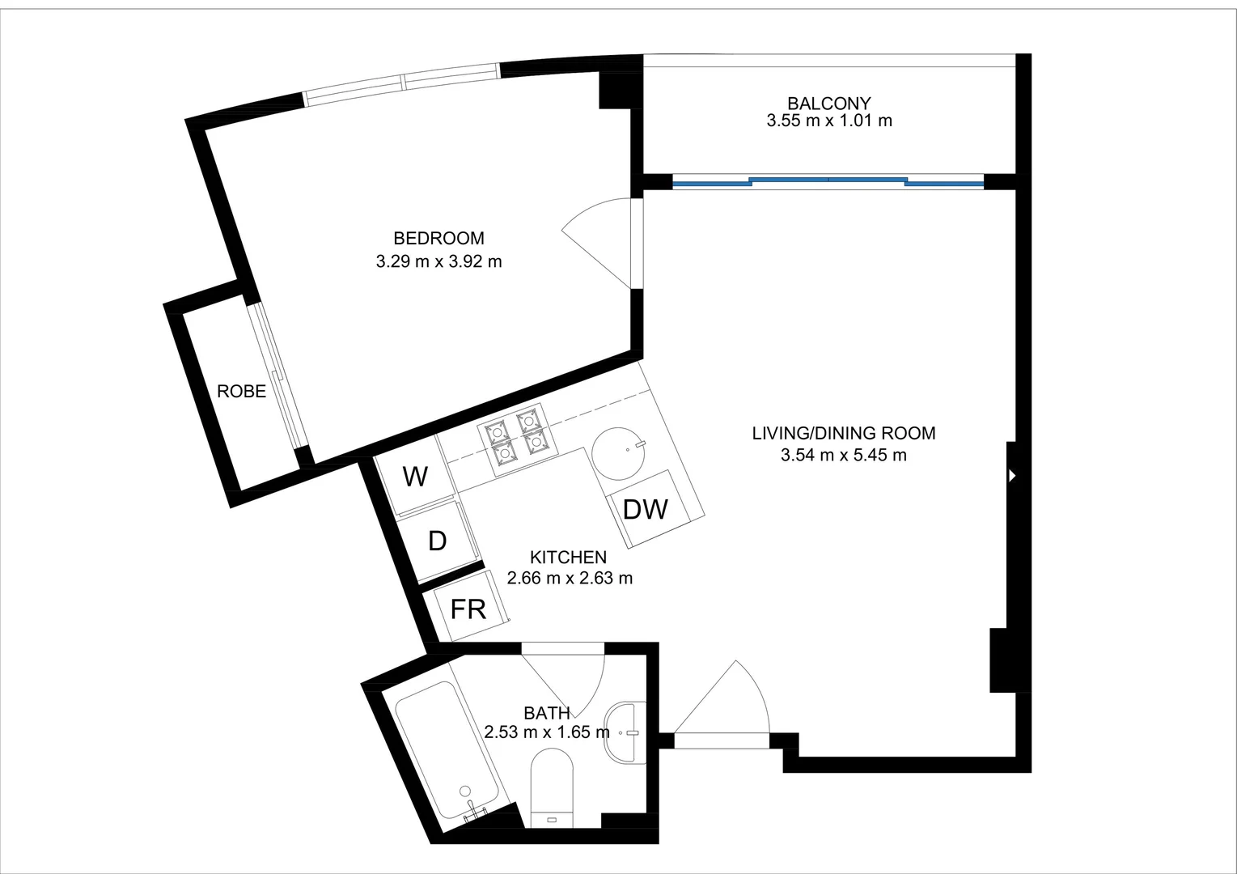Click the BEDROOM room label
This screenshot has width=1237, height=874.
pos(438,239)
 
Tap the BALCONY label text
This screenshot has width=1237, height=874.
pos(828,104)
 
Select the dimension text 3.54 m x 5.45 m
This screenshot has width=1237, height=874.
pos(843,456)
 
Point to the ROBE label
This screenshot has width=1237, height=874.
pos(241,392)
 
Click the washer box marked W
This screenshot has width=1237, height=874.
pos(415,477)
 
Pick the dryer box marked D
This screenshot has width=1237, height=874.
pos(437,541)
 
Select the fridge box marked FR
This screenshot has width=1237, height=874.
pos(468,609)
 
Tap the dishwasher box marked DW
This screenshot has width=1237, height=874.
pos(646,509)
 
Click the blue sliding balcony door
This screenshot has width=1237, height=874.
pos(828,182)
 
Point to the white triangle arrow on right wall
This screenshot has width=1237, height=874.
pos(1011,476)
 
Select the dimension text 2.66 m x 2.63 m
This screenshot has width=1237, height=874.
pos(570,579)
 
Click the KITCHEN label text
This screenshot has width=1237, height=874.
pos(568,558)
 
